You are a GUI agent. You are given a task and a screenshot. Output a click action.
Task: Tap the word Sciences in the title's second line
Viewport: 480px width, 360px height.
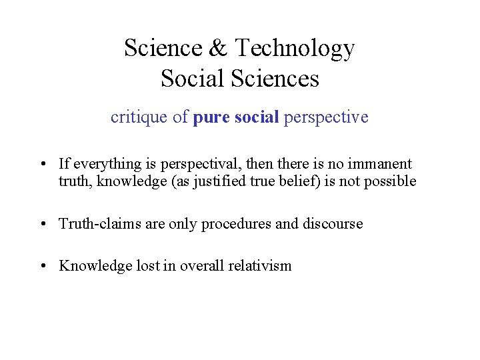pyautogui.click(x=276, y=79)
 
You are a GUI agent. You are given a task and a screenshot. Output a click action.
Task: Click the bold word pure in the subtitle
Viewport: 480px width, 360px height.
pyautogui.click(x=210, y=118)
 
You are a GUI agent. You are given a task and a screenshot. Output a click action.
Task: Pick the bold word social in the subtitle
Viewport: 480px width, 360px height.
pyautogui.click(x=256, y=117)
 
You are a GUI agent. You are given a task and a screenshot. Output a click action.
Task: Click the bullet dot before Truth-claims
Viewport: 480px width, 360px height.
pyautogui.click(x=43, y=224)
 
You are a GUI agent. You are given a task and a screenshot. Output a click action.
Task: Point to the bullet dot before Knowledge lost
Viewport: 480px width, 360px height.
pyautogui.click(x=43, y=266)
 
